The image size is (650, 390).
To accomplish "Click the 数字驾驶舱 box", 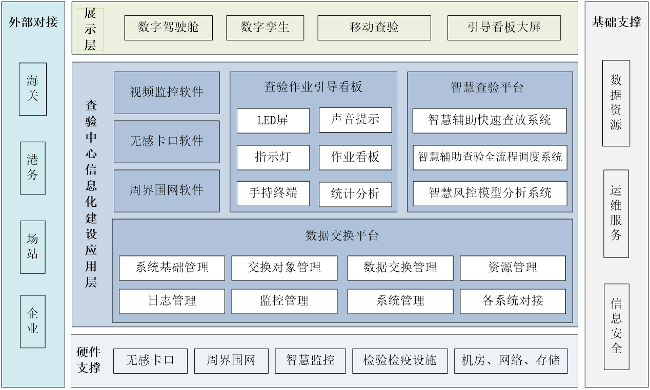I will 168,28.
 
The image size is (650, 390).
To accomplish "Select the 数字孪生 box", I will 265,28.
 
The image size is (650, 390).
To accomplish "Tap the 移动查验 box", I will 374,28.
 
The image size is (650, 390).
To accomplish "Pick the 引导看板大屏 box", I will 504,28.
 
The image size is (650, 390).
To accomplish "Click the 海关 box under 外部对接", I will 33,89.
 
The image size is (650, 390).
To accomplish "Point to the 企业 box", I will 33,321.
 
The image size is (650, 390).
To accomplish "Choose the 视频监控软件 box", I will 167,93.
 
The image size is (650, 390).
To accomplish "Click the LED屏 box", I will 273,120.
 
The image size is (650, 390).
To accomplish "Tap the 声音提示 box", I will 355,120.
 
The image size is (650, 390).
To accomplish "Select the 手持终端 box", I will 273,193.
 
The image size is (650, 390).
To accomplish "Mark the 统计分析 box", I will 355,194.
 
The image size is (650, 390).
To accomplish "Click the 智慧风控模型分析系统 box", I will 490,193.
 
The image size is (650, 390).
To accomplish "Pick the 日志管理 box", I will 172,301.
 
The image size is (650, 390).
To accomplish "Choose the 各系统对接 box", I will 513,301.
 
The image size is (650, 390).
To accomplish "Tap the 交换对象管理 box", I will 285,268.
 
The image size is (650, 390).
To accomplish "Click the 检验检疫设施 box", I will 399,361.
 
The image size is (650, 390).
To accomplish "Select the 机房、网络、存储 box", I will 511,361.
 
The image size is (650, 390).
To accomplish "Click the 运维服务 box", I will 616,213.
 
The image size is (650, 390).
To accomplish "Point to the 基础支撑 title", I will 616,23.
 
